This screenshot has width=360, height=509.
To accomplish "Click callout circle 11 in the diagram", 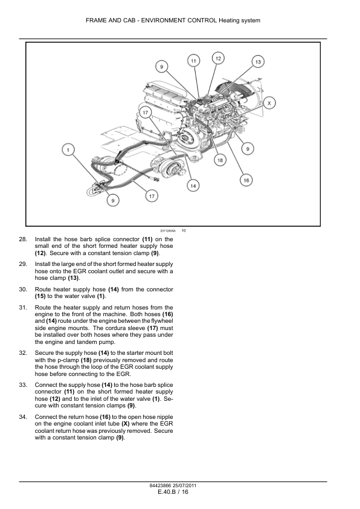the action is [194, 60].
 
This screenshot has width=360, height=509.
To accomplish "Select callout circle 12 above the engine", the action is [218, 59].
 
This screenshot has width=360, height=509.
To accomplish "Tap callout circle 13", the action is [258, 62].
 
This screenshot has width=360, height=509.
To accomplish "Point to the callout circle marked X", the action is [269, 103].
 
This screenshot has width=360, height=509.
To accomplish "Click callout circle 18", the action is [220, 160].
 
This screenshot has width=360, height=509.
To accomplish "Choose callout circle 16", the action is [246, 180].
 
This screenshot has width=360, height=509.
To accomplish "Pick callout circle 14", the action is [193, 186].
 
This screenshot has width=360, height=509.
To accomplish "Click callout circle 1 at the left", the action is [68, 150].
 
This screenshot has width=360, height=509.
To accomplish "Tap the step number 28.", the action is [23, 239].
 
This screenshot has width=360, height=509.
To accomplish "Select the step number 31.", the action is [23, 308].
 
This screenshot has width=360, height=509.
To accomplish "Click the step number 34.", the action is [23, 417].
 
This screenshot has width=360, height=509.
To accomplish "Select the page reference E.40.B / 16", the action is [173, 492].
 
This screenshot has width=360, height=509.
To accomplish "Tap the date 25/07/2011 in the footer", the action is [185, 485].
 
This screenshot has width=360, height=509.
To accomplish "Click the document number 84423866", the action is [161, 485].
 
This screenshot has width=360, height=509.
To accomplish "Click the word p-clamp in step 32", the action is [68, 360].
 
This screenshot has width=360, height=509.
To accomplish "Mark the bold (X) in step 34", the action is [126, 424].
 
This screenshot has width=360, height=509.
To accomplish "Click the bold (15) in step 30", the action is [40, 296].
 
